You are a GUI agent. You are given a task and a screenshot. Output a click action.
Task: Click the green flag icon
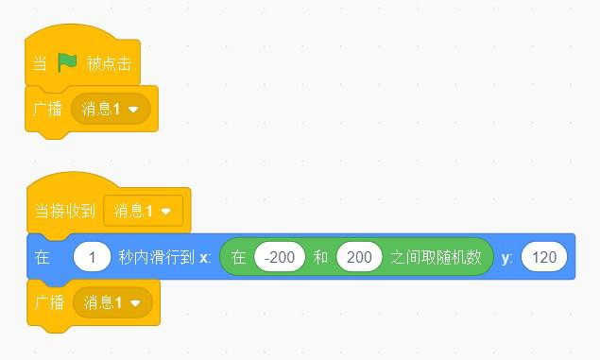pyautogui.click(x=67, y=62)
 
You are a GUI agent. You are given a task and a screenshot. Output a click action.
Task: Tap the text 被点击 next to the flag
pyautogui.click(x=109, y=63)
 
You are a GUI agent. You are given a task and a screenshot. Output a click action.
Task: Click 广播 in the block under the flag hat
pyautogui.click(x=48, y=109)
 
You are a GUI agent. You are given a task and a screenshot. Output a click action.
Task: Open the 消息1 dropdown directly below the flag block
pyautogui.click(x=111, y=109)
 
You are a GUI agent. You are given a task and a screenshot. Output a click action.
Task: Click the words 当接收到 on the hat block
pyautogui.click(x=64, y=211)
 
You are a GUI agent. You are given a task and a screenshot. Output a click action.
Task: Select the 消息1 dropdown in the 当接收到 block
pyautogui.click(x=143, y=211)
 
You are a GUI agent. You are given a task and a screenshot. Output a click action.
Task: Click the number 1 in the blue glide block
pyautogui.click(x=93, y=257)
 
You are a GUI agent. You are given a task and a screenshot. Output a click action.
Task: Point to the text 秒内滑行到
pyautogui.click(x=157, y=257)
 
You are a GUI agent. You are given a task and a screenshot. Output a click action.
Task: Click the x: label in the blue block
pyautogui.click(x=205, y=257)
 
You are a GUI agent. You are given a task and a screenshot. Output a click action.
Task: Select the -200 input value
pyautogui.click(x=280, y=257)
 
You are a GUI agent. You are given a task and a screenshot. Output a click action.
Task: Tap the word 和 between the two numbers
pyautogui.click(x=320, y=257)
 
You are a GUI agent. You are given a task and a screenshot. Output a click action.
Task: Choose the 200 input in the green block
pyautogui.click(x=359, y=257)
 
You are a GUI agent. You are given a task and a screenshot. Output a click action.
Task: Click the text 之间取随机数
pyautogui.click(x=436, y=257)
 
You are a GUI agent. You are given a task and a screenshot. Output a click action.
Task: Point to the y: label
pyautogui.click(x=506, y=258)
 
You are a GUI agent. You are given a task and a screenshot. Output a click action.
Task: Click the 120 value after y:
pyautogui.click(x=544, y=257)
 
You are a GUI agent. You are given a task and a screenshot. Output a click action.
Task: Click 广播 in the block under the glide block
pyautogui.click(x=49, y=302)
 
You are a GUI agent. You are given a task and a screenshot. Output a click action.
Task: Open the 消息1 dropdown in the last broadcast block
pyautogui.click(x=112, y=302)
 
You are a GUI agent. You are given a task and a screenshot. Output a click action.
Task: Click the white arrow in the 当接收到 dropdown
pyautogui.click(x=166, y=211)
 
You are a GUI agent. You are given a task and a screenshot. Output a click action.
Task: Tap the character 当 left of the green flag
pyautogui.click(x=40, y=63)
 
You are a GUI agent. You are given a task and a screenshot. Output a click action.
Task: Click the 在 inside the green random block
pyautogui.click(x=238, y=257)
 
